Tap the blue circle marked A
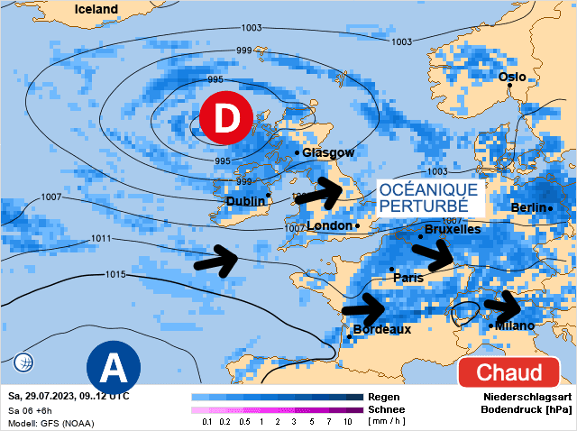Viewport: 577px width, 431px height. (x=113, y=368)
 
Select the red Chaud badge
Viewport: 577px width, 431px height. (x=508, y=372)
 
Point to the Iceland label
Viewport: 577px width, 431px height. (x=96, y=9)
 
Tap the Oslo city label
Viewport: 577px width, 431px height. (x=512, y=78)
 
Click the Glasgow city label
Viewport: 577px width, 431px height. (x=328, y=153)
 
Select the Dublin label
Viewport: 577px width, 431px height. (x=245, y=201)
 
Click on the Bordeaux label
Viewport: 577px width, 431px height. (x=382, y=330)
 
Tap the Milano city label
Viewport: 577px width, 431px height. (x=515, y=326)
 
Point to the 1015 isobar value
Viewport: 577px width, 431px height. (x=115, y=274)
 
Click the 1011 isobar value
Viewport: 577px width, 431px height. (x=102, y=239)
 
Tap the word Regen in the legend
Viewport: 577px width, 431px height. (x=384, y=397)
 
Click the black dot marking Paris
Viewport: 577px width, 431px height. (x=391, y=269)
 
